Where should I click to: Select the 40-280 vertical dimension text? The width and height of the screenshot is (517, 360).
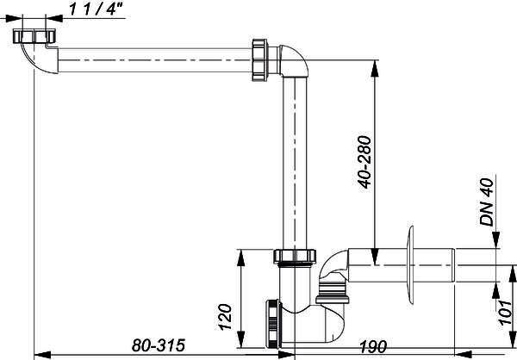365,162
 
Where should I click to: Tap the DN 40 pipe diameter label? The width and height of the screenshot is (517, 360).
487,202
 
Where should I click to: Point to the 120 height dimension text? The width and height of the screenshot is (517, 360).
226,317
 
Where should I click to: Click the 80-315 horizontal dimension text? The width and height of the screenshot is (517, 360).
159,345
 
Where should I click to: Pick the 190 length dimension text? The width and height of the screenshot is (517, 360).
373,346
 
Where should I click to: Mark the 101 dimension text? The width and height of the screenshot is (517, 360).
505,312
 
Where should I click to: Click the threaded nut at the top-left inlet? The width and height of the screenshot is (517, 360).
34,36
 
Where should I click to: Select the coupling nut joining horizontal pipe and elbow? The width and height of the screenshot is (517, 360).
260,60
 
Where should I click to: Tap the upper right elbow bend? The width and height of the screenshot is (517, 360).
295,61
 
